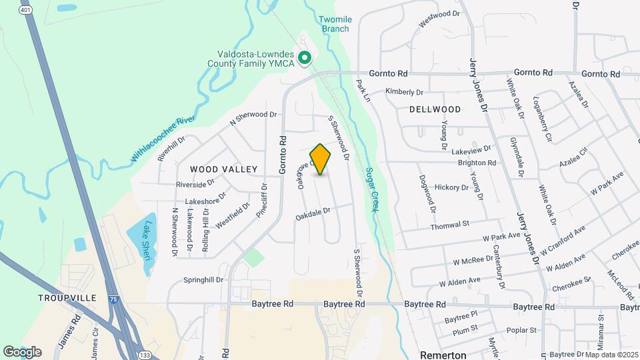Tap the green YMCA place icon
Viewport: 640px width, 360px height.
(x=305, y=59)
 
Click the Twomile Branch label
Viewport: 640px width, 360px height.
(x=335, y=24)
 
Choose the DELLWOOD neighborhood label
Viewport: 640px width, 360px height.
(x=435, y=109)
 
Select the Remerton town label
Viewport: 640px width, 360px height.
(x=443, y=354)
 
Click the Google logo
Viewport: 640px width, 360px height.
(x=22, y=351)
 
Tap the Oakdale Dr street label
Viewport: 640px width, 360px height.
(x=313, y=213)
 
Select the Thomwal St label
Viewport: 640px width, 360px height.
(x=450, y=225)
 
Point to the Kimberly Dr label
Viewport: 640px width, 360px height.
(x=405, y=92)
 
